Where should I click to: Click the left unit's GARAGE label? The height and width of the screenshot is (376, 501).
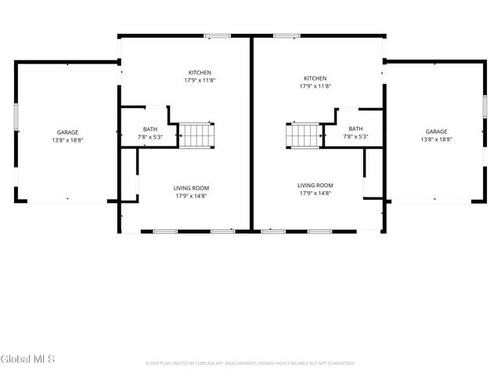pyautogui.click(x=67, y=132)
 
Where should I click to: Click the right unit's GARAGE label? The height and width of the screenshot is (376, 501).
pyautogui.click(x=436, y=132)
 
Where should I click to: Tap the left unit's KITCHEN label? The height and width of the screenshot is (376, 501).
pyautogui.click(x=200, y=73)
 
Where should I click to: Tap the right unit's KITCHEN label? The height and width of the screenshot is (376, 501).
pyautogui.click(x=315, y=78)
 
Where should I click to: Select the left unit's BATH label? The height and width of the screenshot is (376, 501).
pyautogui.click(x=150, y=129)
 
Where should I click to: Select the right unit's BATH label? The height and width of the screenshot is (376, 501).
pyautogui.click(x=355, y=129)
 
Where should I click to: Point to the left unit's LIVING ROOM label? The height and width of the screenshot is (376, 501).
pyautogui.click(x=191, y=188)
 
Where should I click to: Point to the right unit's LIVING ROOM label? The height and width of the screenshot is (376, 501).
pyautogui.click(x=315, y=185)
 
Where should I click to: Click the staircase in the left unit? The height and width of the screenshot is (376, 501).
pyautogui.click(x=196, y=135)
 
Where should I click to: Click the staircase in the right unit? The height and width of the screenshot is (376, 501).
pyautogui.click(x=303, y=135)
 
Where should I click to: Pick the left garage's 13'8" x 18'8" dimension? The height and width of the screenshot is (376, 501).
pyautogui.click(x=67, y=140)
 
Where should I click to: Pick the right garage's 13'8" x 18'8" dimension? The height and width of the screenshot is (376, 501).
pyautogui.click(x=436, y=139)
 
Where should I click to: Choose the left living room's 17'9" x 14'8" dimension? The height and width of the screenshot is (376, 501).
pyautogui.click(x=191, y=196)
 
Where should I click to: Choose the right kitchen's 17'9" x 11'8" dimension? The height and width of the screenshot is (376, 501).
pyautogui.click(x=315, y=86)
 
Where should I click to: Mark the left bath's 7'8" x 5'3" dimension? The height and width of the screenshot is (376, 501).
pyautogui.click(x=150, y=137)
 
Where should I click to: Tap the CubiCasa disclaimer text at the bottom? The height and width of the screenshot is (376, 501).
pyautogui.click(x=250, y=363)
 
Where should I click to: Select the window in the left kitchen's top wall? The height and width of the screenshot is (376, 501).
pyautogui.click(x=217, y=35)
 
